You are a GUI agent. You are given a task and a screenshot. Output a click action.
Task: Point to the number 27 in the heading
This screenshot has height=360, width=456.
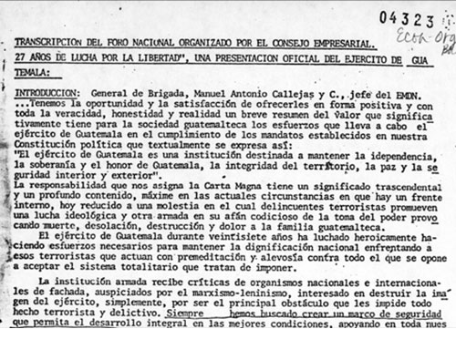(x=20, y=59)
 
